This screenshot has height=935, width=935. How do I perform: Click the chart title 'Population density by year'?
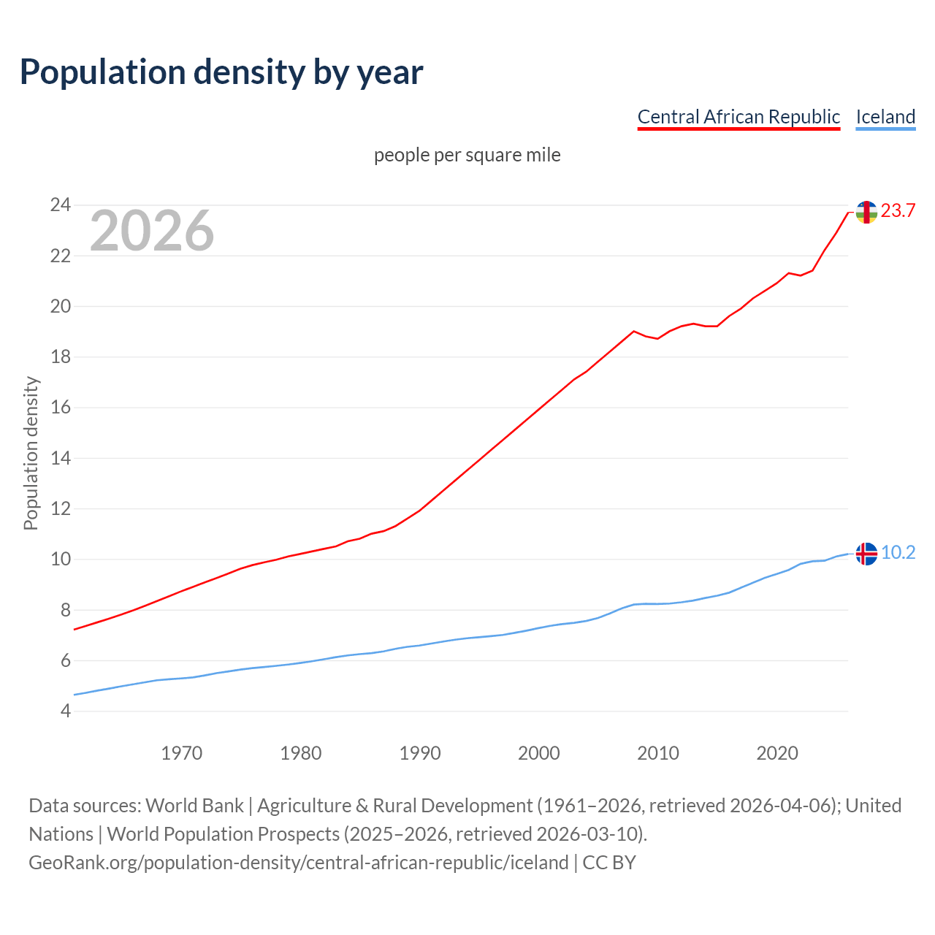(221, 72)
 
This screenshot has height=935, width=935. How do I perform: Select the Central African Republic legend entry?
(739, 117)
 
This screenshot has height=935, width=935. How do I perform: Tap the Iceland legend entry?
(885, 117)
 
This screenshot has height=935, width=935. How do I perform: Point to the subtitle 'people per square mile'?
(467, 155)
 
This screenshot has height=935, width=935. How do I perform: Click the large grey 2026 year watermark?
(152, 231)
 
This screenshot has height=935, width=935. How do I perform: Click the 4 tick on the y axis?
(65, 711)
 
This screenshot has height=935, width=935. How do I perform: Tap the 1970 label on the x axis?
(181, 753)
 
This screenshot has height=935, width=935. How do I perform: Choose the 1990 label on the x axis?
(420, 753)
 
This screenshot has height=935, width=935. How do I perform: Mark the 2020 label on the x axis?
(777, 753)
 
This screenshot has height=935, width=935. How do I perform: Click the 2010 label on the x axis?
(658, 753)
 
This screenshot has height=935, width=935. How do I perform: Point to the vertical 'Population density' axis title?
(31, 453)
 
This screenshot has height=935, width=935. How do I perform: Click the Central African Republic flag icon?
(866, 212)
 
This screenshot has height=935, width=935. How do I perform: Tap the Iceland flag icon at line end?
(866, 554)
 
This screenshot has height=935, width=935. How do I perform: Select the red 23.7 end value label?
(898, 211)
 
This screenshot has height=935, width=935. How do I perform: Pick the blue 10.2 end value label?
(898, 553)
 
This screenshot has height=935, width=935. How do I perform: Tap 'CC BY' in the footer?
(609, 862)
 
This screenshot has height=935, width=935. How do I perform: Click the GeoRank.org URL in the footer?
(298, 862)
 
